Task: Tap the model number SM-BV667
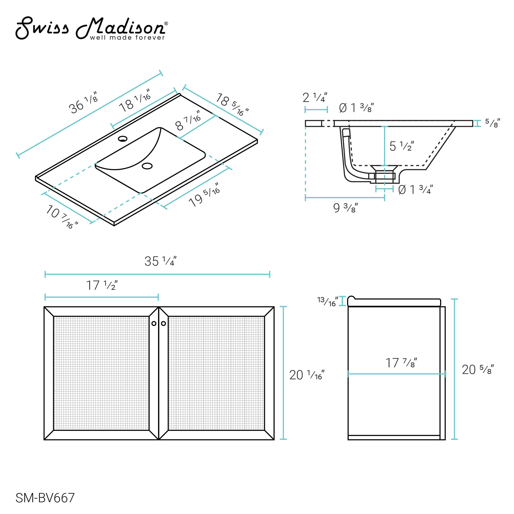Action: [x=45, y=498]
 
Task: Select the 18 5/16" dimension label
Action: [x=232, y=105]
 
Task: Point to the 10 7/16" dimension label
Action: [x=62, y=217]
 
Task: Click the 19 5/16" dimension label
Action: [x=204, y=195]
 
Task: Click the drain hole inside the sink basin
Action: [x=147, y=166]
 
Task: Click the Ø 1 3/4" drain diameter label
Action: [x=415, y=190]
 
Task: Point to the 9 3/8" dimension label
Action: [x=345, y=208]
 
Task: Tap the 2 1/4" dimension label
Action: [x=315, y=98]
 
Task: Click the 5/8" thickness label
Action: [x=492, y=123]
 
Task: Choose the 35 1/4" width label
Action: [x=160, y=261]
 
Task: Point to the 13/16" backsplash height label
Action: [x=327, y=301]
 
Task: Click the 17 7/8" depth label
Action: [x=401, y=363]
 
